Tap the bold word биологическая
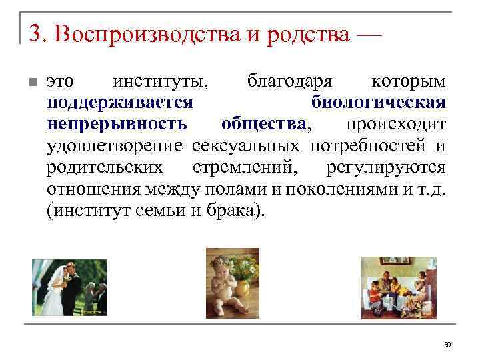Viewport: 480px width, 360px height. coord(379,103)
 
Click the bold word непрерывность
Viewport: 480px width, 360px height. coord(117,124)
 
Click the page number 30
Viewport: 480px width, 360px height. coord(447,344)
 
